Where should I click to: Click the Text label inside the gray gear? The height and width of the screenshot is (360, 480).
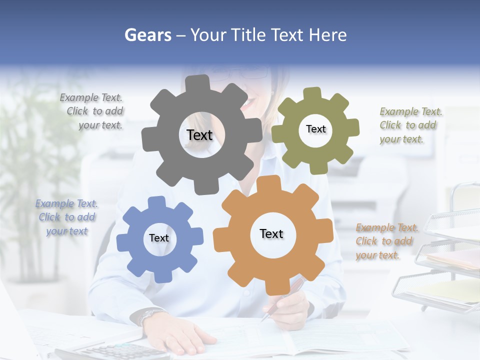(199, 135)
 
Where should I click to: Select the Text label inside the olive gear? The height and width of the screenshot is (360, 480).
(315, 129)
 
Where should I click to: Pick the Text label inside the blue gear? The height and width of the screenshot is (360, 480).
(159, 238)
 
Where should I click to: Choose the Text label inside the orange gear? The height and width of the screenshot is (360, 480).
(271, 233)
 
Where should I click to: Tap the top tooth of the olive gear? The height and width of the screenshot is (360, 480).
(312, 94)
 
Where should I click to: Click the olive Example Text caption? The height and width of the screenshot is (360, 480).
(410, 125)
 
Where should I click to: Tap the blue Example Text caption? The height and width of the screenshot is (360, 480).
(66, 217)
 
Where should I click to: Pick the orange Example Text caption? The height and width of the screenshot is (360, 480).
(386, 241)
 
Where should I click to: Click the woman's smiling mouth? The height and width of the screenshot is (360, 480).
(247, 103)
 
